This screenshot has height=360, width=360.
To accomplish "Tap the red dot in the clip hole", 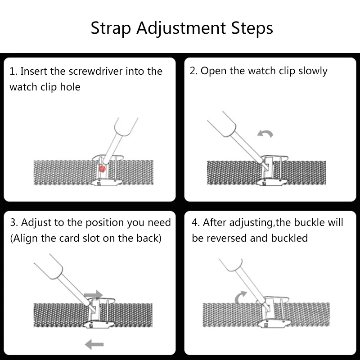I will [x=102, y=168].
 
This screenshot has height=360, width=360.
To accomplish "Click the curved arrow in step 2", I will [x=265, y=133].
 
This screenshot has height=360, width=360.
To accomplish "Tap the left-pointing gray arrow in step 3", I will [x=94, y=345].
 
